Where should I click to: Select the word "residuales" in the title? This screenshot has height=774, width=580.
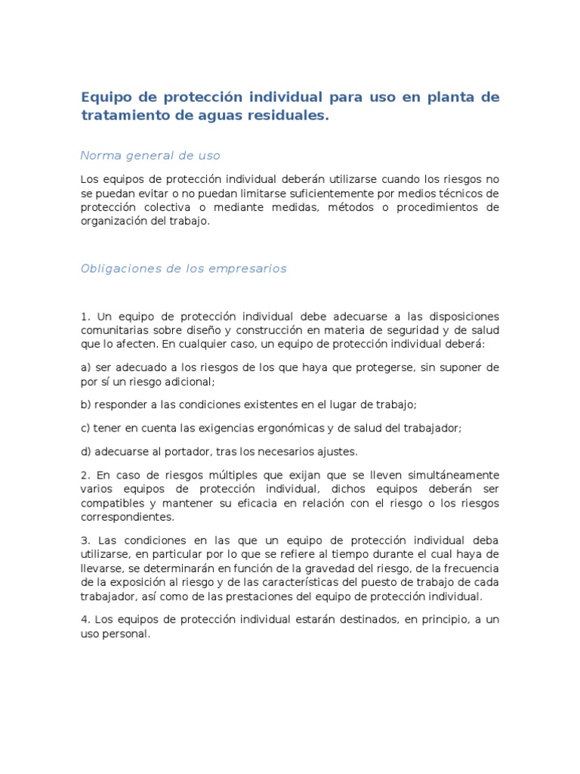click(288, 116)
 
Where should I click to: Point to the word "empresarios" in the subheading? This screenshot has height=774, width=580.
click(246, 268)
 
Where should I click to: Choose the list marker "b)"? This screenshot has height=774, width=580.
click(86, 404)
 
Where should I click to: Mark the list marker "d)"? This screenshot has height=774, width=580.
click(86, 451)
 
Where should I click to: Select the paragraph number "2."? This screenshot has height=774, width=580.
click(85, 475)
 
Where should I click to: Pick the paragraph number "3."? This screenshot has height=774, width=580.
click(85, 540)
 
